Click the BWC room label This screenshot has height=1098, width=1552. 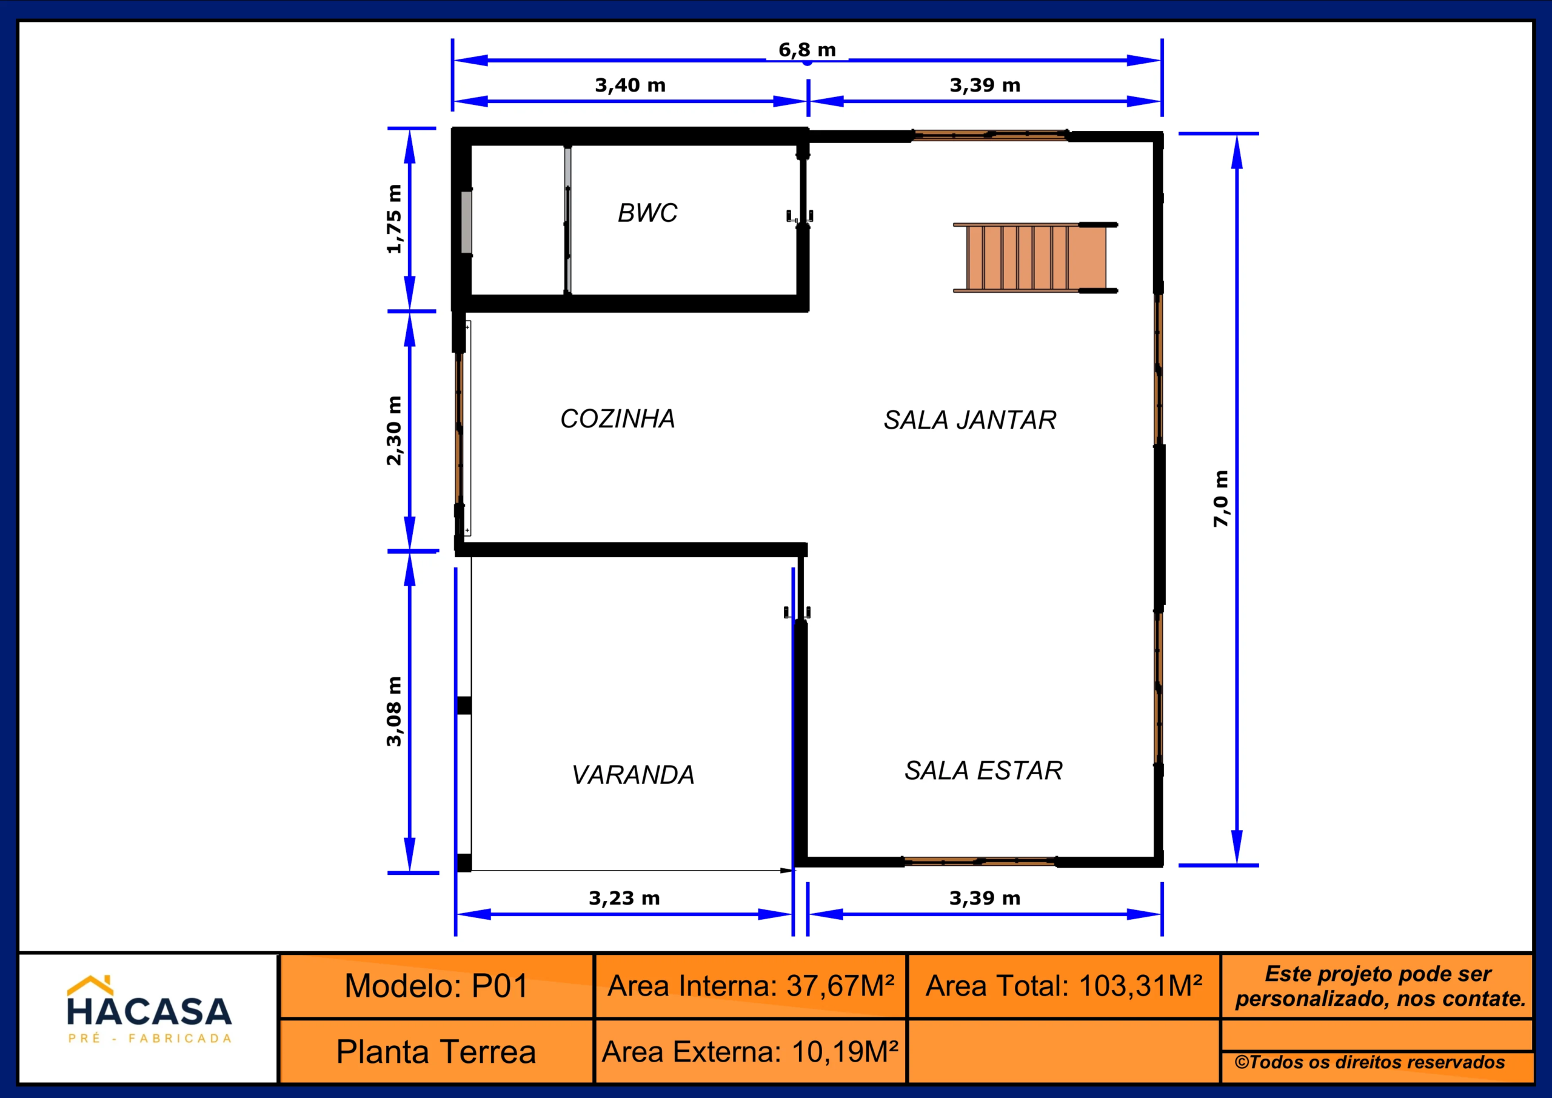pos(647,213)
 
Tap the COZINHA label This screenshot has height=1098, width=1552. pos(618,418)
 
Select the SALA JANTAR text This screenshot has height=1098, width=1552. pos(970,420)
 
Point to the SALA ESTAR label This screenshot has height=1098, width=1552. pos(983,770)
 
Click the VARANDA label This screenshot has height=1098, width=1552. pos(633,775)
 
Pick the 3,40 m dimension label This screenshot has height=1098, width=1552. pos(630,85)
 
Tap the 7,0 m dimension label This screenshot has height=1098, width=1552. pos(1220,498)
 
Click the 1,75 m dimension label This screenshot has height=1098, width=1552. pos(393,219)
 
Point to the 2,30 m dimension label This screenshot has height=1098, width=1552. pos(393,430)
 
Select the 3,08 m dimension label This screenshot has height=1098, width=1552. pos(393,711)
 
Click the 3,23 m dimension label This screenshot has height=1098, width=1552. pos(624,898)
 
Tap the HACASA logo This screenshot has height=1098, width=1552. pos(149,1009)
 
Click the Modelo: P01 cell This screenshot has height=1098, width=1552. pos(436,986)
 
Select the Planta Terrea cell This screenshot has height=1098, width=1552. pos(436,1051)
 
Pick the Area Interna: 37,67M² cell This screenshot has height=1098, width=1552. pos(751,986)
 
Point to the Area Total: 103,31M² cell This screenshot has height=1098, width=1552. pos(1064,986)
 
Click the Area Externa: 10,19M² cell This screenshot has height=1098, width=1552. pos(751,1051)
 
